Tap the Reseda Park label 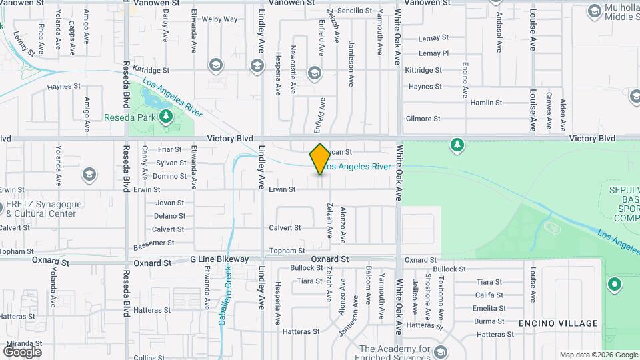[129, 117]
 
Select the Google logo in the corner [22, 351]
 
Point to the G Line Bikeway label [219, 259]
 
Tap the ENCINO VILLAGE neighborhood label [558, 323]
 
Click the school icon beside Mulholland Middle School [594, 11]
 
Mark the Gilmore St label [423, 119]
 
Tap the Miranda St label [20, 343]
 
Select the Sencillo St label [355, 11]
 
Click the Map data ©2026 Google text [597, 355]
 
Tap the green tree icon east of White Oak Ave [457, 145]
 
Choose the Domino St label [170, 176]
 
